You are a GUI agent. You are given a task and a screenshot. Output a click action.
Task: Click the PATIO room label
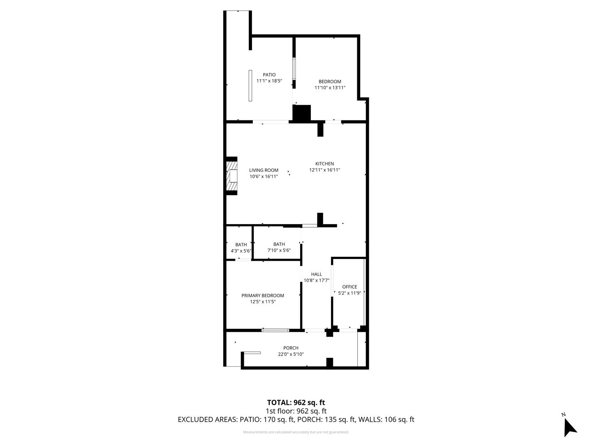269,75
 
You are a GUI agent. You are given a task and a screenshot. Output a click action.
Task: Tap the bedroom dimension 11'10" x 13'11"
330,88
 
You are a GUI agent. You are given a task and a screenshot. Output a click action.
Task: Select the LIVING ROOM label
264,170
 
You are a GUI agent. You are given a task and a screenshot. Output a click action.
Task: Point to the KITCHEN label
324,164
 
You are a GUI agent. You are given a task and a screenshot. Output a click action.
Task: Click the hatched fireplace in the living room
232,176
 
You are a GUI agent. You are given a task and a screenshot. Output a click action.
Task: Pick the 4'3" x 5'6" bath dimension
241,251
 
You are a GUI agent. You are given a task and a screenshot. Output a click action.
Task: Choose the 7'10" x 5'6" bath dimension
279,250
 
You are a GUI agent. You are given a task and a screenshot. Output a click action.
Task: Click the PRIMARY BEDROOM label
263,296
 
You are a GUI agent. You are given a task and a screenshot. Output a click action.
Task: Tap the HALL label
317,274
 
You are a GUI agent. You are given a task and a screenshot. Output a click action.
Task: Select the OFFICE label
349,287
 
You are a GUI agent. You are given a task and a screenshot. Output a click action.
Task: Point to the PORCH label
291,348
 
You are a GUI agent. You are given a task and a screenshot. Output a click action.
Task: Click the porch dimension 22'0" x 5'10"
291,354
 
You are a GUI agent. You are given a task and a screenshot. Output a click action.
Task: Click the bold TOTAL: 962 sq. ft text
296,402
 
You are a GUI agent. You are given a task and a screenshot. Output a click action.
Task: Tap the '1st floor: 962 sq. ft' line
296,411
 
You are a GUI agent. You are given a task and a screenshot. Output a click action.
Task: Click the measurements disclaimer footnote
296,432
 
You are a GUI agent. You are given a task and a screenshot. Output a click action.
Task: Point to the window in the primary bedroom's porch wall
275,330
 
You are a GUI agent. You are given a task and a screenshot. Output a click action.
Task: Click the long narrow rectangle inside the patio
250,86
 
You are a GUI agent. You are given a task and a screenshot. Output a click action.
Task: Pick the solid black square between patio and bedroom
302,113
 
